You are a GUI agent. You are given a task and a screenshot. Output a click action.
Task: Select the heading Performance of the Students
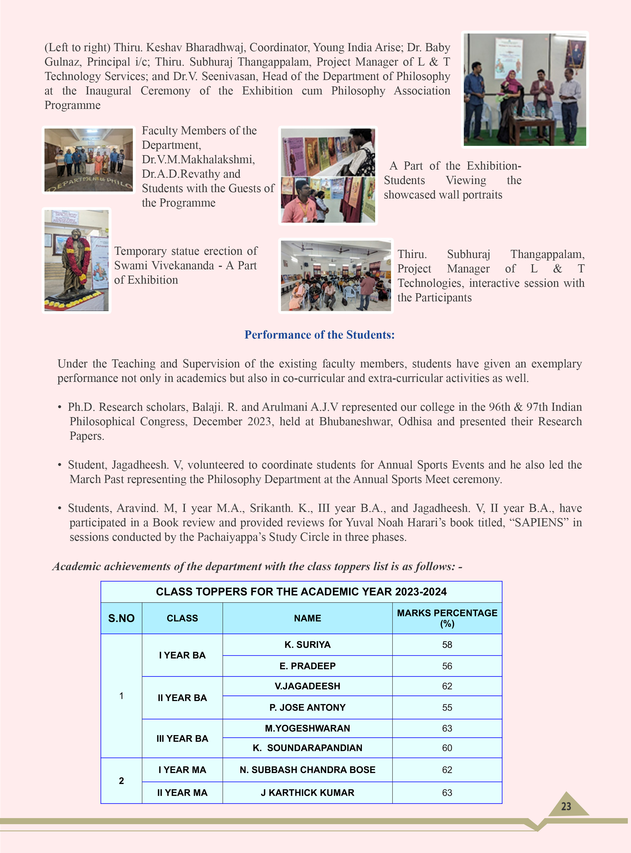319,334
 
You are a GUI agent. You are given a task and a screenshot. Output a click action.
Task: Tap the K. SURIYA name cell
308,644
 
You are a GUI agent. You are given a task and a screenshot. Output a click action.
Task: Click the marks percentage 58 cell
447,644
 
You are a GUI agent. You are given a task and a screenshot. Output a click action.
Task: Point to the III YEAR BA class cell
182,738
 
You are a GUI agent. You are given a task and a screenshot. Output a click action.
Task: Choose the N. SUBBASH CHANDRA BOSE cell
308,770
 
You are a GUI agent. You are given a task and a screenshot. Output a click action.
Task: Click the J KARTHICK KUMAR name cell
308,793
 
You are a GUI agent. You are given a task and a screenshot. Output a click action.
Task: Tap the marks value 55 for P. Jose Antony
447,707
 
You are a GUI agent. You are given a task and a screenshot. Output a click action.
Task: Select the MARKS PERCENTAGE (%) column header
447,618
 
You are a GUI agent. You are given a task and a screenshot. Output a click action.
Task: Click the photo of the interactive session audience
336,276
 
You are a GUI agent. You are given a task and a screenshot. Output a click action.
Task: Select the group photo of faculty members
89,160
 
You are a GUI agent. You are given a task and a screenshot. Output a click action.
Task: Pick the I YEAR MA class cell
182,770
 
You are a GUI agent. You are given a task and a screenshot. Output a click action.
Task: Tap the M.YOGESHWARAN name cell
308,728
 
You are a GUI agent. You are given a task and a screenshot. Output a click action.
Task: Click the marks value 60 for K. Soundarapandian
447,748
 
